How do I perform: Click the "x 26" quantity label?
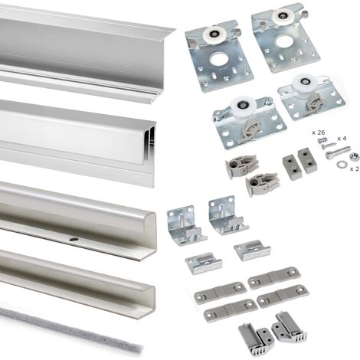[318, 133]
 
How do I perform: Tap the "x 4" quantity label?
[342, 139]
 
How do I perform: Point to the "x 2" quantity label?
[355, 169]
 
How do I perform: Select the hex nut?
[354, 155]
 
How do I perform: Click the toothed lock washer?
[340, 165]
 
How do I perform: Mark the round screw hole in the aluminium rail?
[74, 239]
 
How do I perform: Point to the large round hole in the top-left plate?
[217, 60]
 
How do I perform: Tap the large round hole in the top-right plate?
[283, 41]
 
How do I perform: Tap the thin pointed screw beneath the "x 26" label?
[328, 146]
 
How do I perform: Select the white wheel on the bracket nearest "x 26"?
[304, 83]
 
